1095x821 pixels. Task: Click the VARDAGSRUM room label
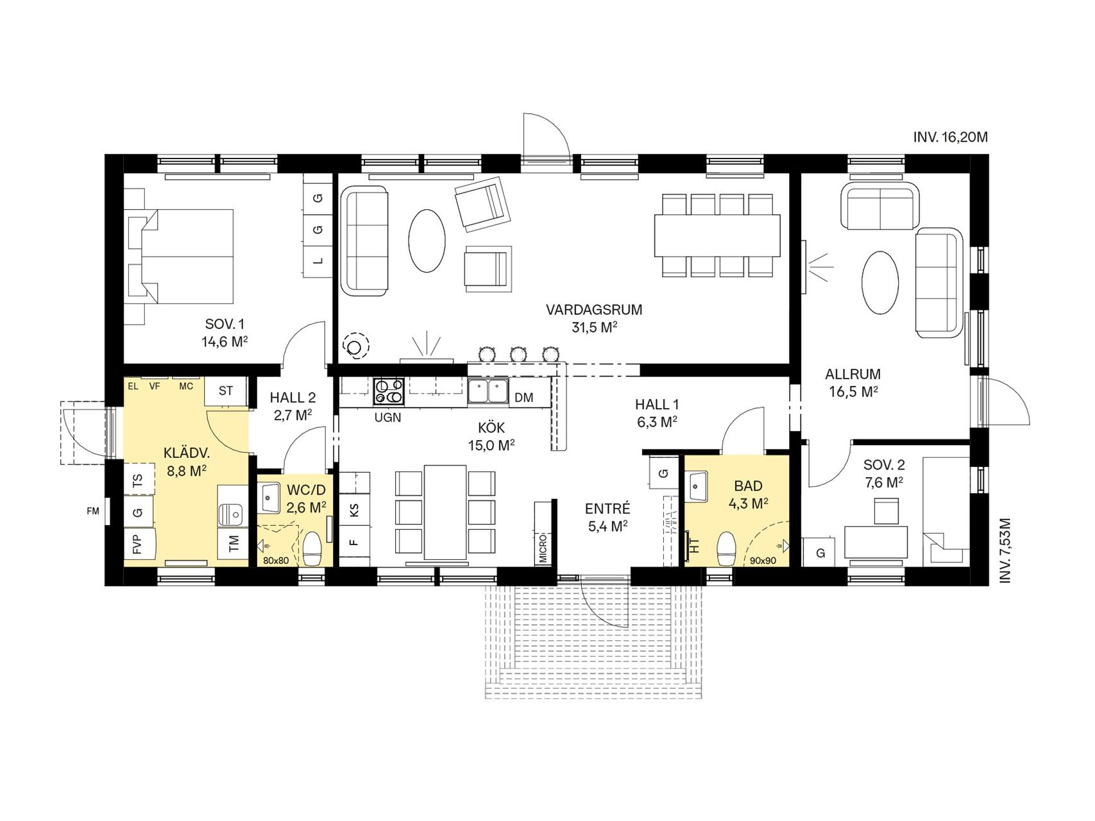(594, 310)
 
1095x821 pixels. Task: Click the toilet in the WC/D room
(312, 549)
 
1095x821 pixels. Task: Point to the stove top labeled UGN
(389, 392)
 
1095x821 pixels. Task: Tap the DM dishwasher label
(524, 398)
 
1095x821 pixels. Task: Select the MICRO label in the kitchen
(543, 547)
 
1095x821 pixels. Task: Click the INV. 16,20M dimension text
(951, 137)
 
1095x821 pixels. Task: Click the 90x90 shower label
(763, 561)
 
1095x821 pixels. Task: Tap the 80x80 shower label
(276, 561)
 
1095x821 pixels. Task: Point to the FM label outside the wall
(94, 511)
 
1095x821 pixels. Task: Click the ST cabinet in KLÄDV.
(226, 391)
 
